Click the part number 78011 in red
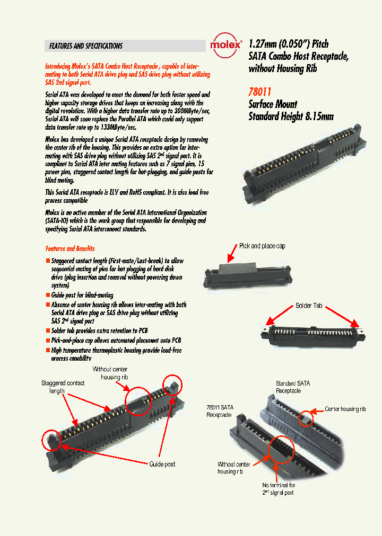pyautogui.click(x=260, y=90)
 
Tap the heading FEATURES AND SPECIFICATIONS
pyautogui.click(x=86, y=46)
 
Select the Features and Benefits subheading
pyautogui.click(x=70, y=248)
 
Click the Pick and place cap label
pyautogui.click(x=262, y=246)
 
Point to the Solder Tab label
pyautogui.click(x=309, y=306)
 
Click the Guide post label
pyautogui.click(x=162, y=464)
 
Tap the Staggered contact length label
pyautogui.click(x=63, y=387)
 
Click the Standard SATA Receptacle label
pyautogui.click(x=292, y=387)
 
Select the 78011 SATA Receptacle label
pyautogui.click(x=220, y=410)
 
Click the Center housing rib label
pyautogui.click(x=345, y=409)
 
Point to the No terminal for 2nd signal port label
pyautogui.click(x=278, y=489)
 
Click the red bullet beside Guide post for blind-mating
pyautogui.click(x=48, y=294)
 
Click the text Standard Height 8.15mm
pyautogui.click(x=291, y=117)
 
